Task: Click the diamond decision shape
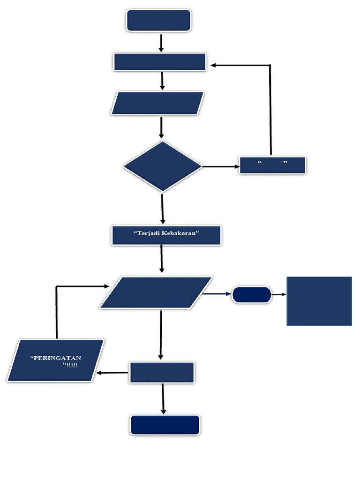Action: coord(162,166)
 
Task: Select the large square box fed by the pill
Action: coord(319,301)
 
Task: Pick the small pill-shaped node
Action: coord(252,295)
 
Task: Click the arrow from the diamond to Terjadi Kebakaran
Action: coord(163,209)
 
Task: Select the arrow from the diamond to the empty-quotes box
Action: coord(220,166)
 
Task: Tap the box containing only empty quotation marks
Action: coord(272,165)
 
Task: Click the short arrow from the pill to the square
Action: coord(279,294)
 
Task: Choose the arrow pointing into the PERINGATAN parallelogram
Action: coord(112,373)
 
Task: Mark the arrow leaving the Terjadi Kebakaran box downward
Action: coord(162,258)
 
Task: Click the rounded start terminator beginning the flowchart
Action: coord(158,21)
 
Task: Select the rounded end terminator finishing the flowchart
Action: coord(165,425)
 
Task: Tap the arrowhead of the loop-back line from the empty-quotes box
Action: coord(213,65)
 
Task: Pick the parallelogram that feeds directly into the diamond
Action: coord(158,103)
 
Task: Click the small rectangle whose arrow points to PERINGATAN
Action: coord(162,373)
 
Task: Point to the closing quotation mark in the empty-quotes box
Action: coord(285,162)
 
